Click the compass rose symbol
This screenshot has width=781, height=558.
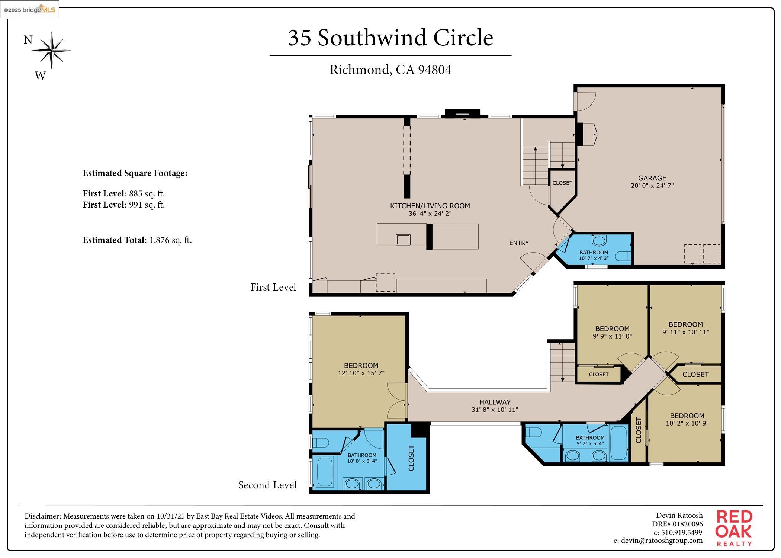(51, 50)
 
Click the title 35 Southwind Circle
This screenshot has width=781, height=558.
(390, 38)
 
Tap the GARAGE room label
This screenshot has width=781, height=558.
(652, 178)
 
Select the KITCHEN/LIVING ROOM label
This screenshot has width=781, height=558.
(430, 206)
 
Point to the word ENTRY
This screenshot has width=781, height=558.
(518, 243)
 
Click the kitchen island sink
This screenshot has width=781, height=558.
(403, 239)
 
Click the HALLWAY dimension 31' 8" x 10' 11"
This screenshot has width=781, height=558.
(494, 410)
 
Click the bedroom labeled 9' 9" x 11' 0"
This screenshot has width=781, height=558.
(612, 332)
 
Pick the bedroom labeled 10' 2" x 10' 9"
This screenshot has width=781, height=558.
(687, 419)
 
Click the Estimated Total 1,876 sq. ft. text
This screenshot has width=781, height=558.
(137, 240)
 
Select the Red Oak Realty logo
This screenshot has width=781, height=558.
(734, 528)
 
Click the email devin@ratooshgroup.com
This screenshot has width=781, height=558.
(658, 541)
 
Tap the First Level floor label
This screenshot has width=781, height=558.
(273, 287)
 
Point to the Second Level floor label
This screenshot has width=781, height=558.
(267, 485)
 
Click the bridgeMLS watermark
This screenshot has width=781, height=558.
(29, 9)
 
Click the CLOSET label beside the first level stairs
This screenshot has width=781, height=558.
(562, 183)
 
